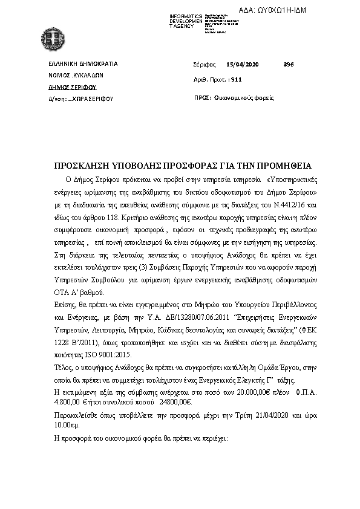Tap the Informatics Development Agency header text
(x=186, y=21)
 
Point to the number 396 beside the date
(x=288, y=63)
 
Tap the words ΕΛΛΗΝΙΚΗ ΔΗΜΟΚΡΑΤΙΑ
(x=83, y=63)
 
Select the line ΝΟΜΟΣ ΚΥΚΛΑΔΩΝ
(x=76, y=76)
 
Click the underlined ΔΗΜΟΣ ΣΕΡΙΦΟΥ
(x=72, y=86)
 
